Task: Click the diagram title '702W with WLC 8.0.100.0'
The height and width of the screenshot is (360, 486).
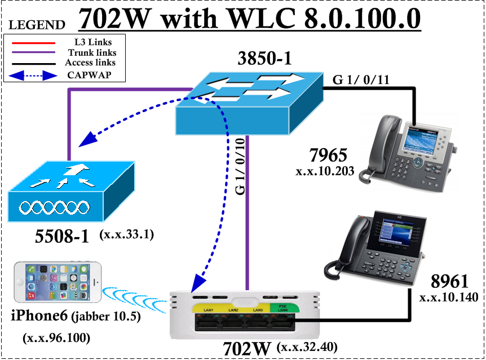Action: (250, 20)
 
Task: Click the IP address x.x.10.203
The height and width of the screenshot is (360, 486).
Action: (325, 171)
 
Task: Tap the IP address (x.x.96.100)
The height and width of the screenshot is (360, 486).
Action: (56, 338)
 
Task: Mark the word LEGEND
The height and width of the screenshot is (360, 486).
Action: (37, 25)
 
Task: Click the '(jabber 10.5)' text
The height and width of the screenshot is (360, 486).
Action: (107, 317)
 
